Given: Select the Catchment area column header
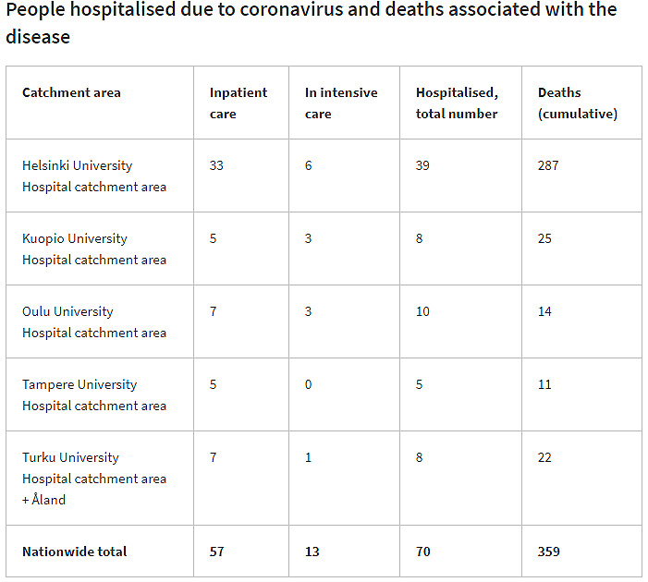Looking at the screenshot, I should coord(71,92).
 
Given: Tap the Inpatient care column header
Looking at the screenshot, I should coord(238,103).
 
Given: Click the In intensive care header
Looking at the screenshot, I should coord(341,103).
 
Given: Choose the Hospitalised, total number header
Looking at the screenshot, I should coord(457,103).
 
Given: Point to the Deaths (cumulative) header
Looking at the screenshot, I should coord(577,103).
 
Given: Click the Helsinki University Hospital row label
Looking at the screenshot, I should coord(93,176).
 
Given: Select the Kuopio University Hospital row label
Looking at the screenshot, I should coord(93,249).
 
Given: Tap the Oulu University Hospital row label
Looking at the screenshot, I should coord(93,321).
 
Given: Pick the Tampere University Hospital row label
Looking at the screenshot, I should coord(93,394).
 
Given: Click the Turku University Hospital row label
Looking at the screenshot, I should coord(93,478).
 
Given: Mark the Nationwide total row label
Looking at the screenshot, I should coord(75,552).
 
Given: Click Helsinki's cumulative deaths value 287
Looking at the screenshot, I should coord(548,165).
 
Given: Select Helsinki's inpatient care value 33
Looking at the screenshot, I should coord(217,165).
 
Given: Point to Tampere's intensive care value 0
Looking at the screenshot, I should coord(309,384).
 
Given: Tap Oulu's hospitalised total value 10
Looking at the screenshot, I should coord(422,311).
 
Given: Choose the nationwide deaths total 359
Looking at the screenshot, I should coord(548,552).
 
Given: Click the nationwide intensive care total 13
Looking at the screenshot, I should coord(312,552).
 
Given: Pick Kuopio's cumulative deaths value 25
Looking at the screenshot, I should coord(544,238).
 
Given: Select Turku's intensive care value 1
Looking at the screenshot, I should coord(309,457).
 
